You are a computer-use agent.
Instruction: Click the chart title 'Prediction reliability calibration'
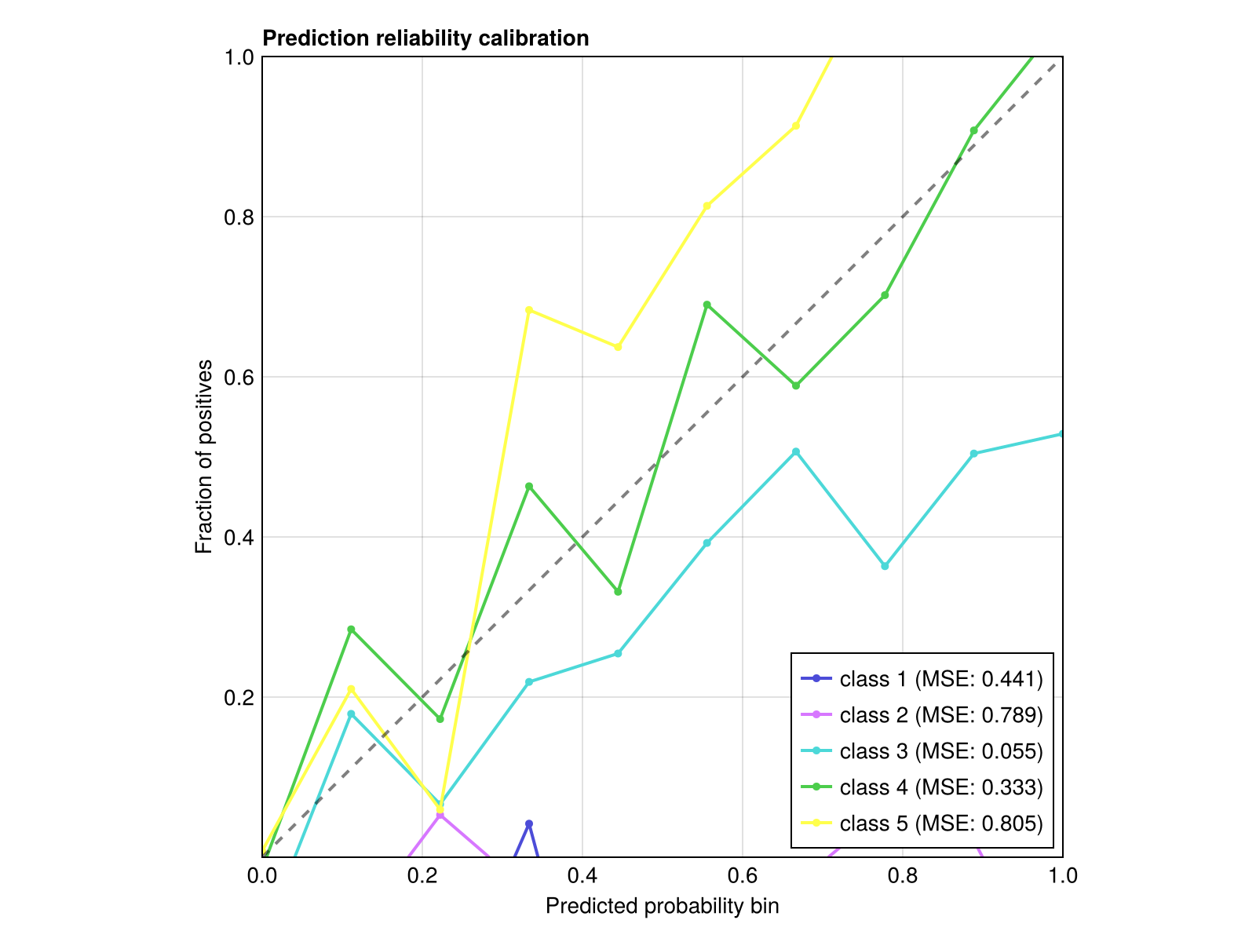click(x=425, y=38)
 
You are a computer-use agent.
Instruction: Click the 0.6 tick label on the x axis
click(x=742, y=875)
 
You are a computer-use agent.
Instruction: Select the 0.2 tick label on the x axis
click(x=422, y=875)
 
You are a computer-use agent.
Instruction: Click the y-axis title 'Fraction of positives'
click(x=204, y=457)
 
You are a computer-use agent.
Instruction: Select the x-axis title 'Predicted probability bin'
click(x=662, y=907)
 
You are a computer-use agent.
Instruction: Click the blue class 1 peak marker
click(x=529, y=823)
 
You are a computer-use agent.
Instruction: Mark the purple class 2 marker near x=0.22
click(x=440, y=815)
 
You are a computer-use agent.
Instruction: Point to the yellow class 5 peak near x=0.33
click(x=529, y=310)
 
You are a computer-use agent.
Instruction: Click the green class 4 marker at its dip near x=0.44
click(x=618, y=592)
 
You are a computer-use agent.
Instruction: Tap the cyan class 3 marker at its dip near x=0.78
click(x=885, y=566)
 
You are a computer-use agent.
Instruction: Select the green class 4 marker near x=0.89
click(x=973, y=130)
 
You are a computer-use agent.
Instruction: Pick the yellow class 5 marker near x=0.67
click(x=796, y=126)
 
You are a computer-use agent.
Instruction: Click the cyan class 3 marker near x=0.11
click(x=351, y=714)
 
